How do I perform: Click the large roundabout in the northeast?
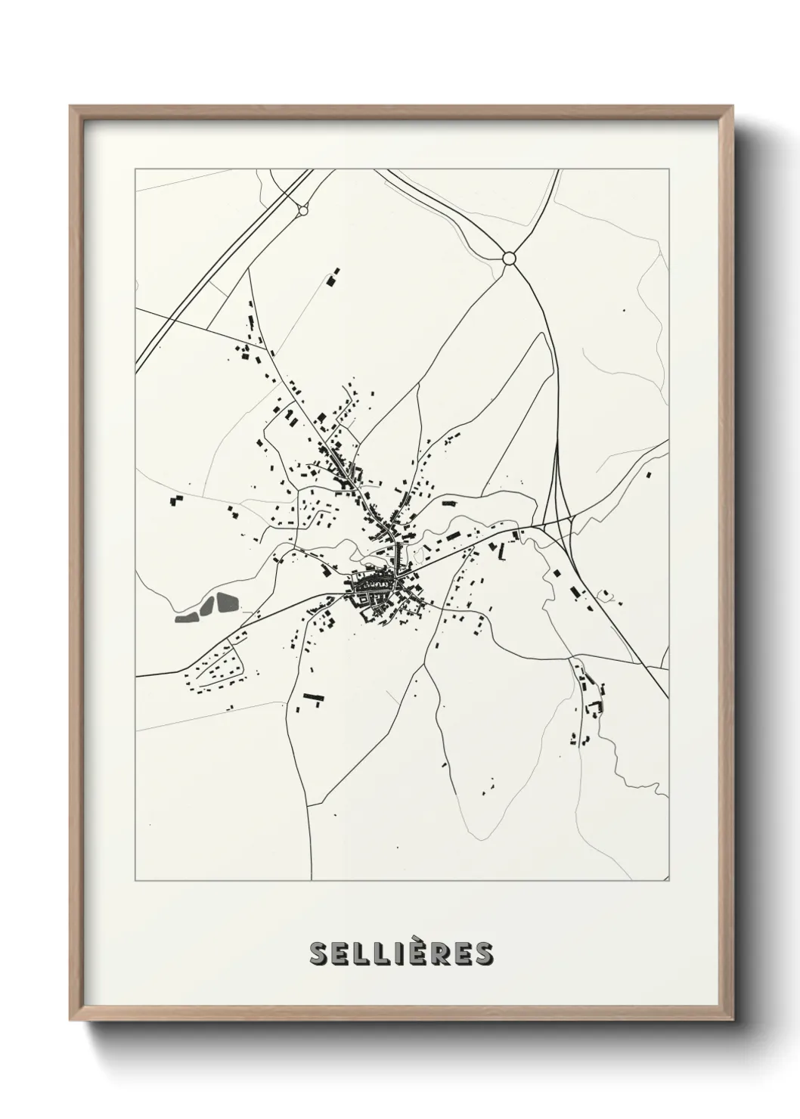(x=509, y=259)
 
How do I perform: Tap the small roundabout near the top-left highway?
(x=302, y=211)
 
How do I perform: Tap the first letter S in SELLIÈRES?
(x=319, y=954)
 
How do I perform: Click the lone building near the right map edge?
(x=649, y=474)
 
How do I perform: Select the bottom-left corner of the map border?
(x=135, y=881)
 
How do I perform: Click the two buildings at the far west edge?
(x=176, y=501)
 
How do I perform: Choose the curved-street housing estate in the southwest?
(x=216, y=669)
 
